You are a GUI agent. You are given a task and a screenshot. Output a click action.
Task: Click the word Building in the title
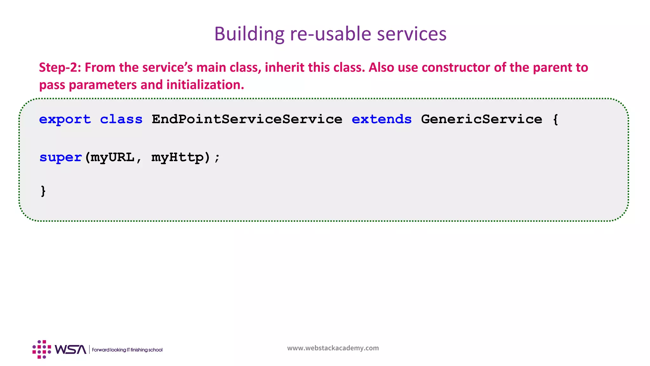(x=249, y=34)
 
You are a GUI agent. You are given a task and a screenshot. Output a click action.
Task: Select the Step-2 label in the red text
(x=60, y=68)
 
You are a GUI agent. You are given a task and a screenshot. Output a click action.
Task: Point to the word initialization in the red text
(x=205, y=85)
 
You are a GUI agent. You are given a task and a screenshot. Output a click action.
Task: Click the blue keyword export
(x=65, y=119)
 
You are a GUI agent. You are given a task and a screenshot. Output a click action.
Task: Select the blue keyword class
(x=121, y=119)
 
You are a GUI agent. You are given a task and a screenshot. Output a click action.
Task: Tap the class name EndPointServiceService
(x=247, y=119)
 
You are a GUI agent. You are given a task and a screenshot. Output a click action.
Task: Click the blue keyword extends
(x=381, y=119)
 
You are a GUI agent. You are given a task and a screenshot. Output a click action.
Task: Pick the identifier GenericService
(x=481, y=119)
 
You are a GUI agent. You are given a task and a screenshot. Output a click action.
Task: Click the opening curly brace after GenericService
(x=555, y=119)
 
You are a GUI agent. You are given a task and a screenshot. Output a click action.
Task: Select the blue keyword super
(x=61, y=157)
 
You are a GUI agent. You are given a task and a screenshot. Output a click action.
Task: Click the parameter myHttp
(x=177, y=157)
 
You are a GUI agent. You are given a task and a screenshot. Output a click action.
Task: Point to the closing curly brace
(x=43, y=191)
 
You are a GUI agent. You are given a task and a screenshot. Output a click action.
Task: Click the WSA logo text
(x=70, y=349)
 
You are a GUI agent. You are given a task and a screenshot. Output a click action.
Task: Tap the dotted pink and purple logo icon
(x=42, y=349)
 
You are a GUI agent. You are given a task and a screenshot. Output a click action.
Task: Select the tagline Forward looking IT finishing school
(x=127, y=350)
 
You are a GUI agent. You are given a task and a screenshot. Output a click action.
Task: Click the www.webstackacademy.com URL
(x=333, y=348)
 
